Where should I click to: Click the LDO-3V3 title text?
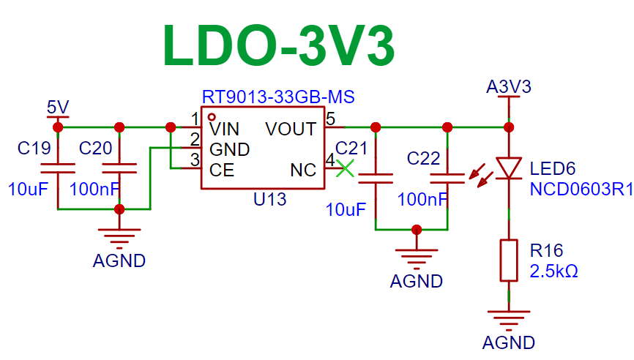click(x=279, y=45)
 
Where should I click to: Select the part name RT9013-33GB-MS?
click(x=278, y=97)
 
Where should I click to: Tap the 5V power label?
click(x=58, y=107)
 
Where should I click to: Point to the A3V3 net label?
click(x=509, y=87)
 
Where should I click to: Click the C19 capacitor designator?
click(x=34, y=149)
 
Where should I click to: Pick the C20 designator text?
click(x=95, y=149)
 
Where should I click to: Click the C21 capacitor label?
click(x=351, y=149)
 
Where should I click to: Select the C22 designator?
click(x=423, y=158)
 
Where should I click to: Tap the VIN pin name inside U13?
click(x=225, y=130)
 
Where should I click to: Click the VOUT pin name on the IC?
click(x=291, y=130)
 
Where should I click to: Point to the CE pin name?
click(x=222, y=170)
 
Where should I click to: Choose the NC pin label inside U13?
click(x=303, y=170)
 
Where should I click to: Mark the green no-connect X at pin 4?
click(x=345, y=168)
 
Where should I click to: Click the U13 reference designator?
click(x=269, y=199)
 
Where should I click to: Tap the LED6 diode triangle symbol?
click(x=509, y=168)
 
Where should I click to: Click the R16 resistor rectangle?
click(x=509, y=260)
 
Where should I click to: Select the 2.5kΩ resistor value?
click(x=554, y=271)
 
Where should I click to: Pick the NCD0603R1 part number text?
click(x=581, y=189)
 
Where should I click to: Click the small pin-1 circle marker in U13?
click(x=212, y=117)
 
